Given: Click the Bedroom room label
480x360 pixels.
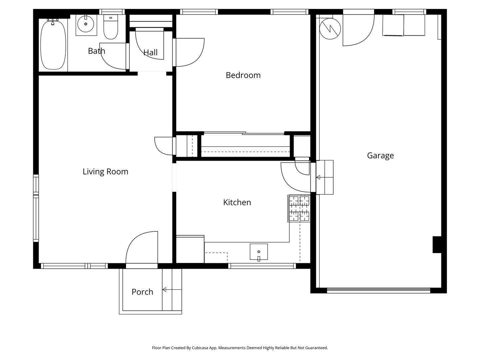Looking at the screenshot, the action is (243, 75).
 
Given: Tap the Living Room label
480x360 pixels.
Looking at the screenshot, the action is (105, 172).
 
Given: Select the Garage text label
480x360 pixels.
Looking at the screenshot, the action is (380, 156).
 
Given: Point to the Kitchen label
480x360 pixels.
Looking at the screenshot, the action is (237, 202).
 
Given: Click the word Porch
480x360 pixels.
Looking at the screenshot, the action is (142, 292).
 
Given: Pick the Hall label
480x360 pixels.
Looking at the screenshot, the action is (150, 52).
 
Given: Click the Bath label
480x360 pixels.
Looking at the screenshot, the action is (96, 51).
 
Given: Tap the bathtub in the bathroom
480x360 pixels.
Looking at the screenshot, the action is (53, 45).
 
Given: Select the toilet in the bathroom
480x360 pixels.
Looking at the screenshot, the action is (111, 27).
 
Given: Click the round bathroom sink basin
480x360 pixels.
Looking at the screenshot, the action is (86, 24).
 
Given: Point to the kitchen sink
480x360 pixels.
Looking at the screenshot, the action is (259, 252).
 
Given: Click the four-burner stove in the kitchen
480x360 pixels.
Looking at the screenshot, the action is (299, 209).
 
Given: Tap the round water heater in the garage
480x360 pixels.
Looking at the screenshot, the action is (330, 29).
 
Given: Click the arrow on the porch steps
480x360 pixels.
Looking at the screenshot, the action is (172, 290).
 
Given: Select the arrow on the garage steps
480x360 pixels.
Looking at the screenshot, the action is (325, 177).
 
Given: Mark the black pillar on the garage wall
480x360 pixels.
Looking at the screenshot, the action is (437, 245).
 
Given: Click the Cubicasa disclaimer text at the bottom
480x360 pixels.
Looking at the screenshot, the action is (240, 348).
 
